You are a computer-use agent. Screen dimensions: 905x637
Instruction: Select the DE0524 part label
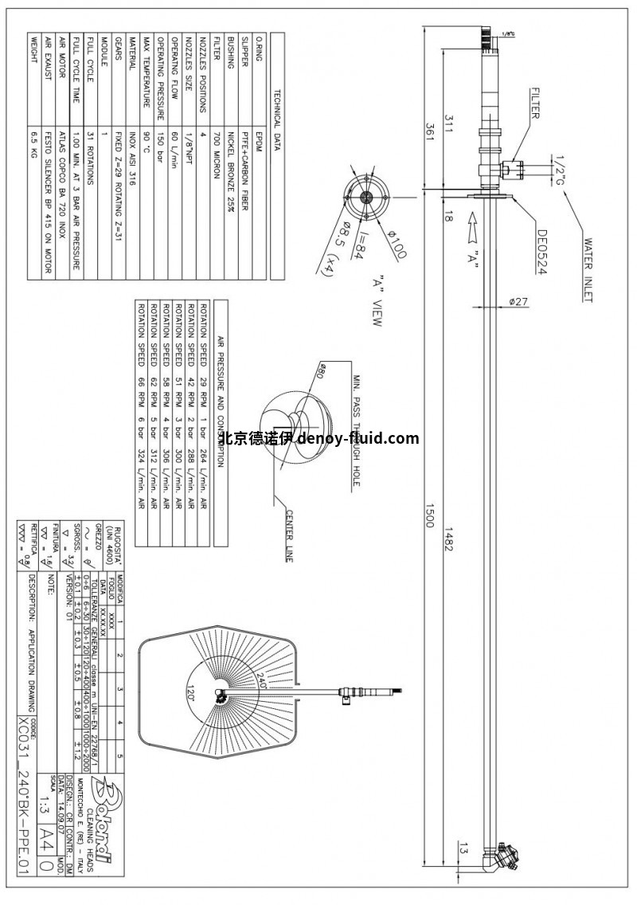pos(542,252)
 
